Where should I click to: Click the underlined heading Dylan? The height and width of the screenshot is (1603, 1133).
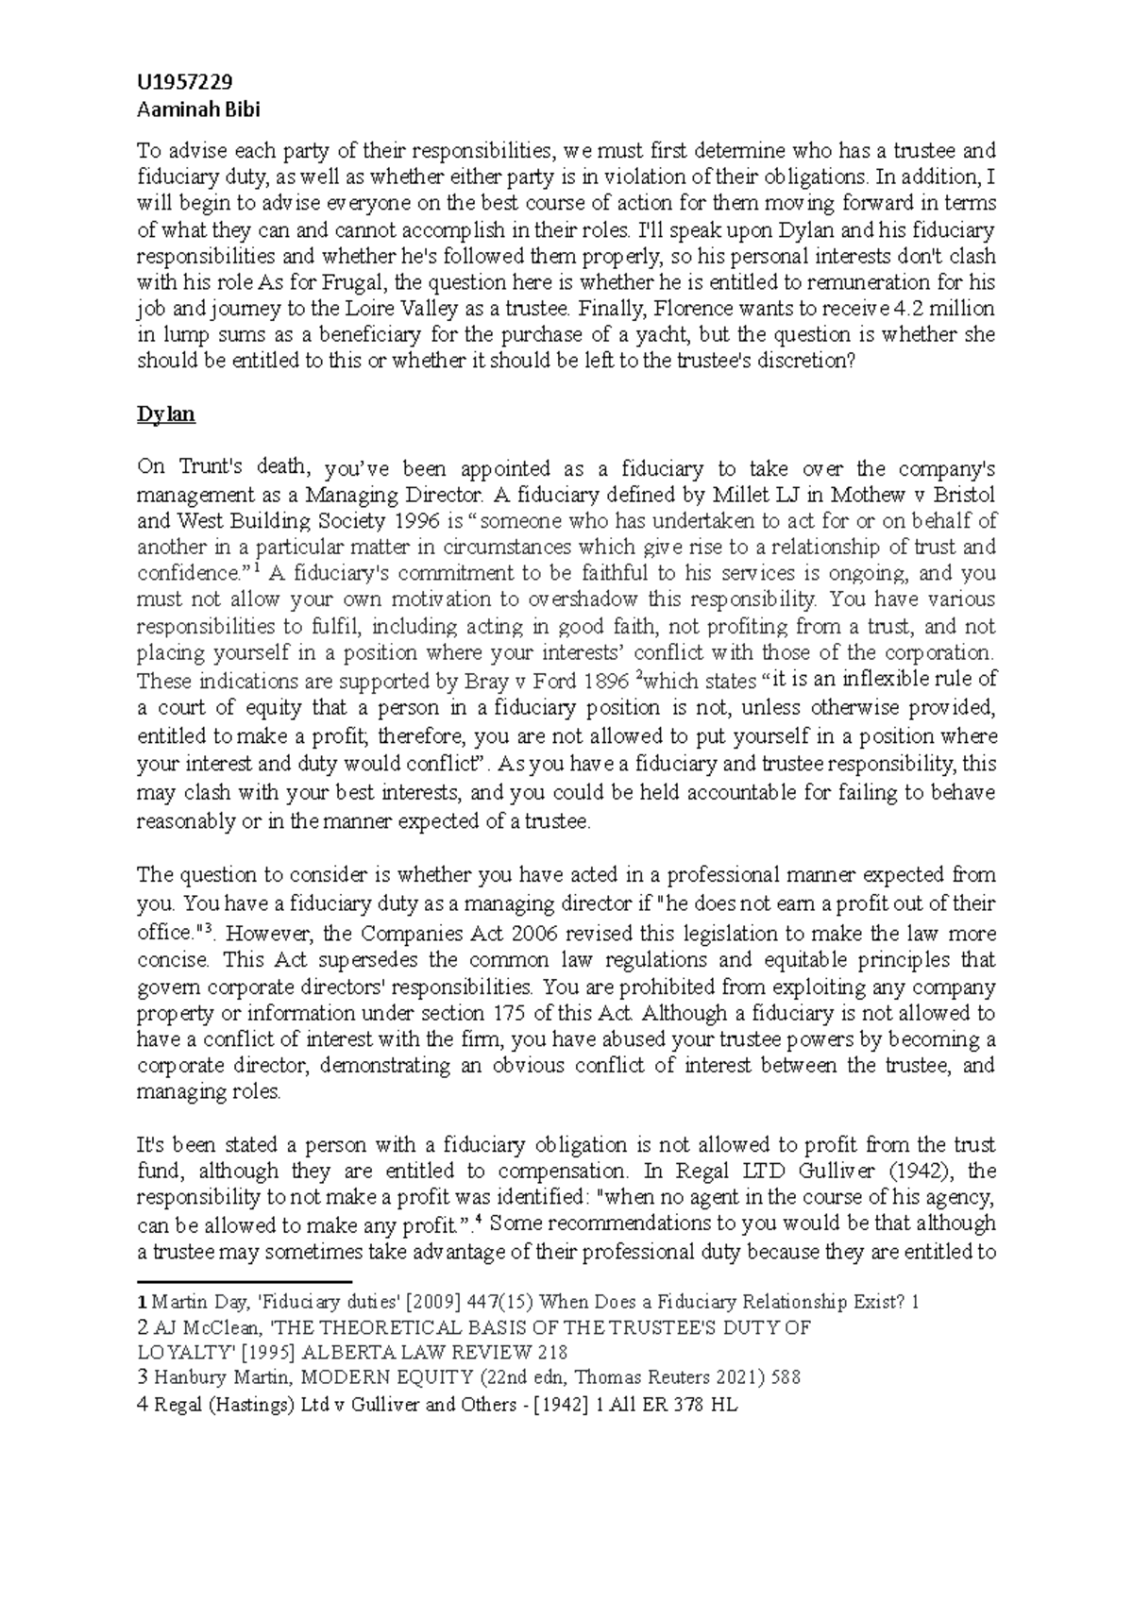pyautogui.click(x=165, y=413)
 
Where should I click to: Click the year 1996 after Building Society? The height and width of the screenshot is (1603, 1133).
pyautogui.click(x=413, y=520)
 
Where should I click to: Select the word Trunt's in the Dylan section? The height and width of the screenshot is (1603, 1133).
pyautogui.click(x=213, y=467)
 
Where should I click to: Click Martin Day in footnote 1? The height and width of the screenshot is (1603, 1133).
pyautogui.click(x=196, y=1302)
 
